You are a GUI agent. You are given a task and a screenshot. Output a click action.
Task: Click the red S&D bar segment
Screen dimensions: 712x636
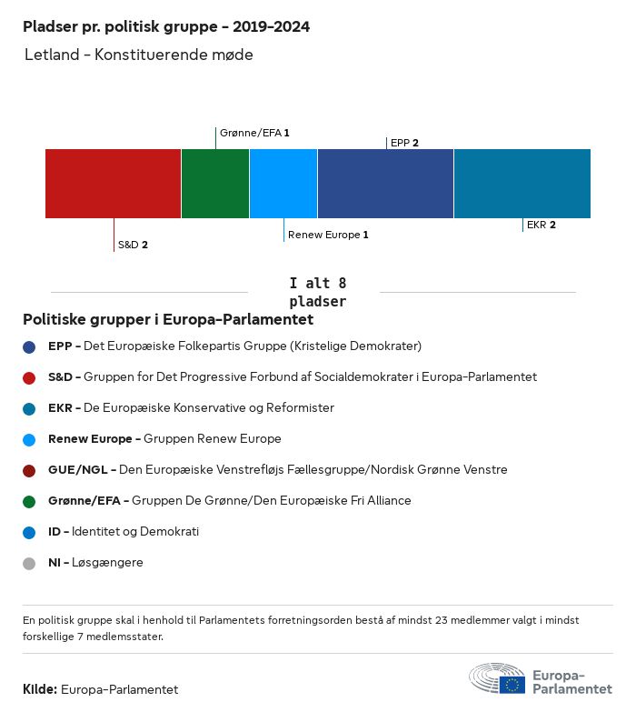(x=113, y=184)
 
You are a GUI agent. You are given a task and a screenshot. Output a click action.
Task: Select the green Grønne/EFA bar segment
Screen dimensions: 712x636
(x=215, y=184)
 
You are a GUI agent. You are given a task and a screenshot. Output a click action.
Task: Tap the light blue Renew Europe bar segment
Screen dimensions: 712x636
(x=283, y=184)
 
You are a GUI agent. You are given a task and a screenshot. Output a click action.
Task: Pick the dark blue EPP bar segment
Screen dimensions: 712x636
(x=385, y=184)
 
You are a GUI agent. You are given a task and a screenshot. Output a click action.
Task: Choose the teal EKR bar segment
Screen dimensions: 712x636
(x=522, y=184)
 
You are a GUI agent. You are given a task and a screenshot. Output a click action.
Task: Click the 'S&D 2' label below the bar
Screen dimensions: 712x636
(x=133, y=245)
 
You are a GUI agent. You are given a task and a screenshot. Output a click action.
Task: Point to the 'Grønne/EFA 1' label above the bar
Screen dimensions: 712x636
(x=254, y=133)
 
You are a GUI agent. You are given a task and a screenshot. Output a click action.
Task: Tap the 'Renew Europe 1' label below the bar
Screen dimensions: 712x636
(x=328, y=235)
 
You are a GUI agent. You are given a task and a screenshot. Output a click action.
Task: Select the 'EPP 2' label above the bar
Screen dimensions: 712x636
(x=404, y=143)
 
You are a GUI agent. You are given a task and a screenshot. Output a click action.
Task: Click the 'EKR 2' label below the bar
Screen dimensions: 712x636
(x=541, y=225)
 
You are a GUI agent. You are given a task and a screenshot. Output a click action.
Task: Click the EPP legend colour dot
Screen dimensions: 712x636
(x=29, y=346)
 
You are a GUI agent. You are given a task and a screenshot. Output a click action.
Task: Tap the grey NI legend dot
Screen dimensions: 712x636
(x=29, y=563)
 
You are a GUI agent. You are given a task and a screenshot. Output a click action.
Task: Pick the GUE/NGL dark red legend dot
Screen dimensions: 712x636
(x=29, y=470)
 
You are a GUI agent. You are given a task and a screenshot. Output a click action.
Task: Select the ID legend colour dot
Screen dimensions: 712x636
(x=29, y=532)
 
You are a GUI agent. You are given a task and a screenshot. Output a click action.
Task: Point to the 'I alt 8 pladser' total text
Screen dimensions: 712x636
(x=317, y=292)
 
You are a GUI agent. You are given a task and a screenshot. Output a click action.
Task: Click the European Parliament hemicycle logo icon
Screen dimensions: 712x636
(x=497, y=678)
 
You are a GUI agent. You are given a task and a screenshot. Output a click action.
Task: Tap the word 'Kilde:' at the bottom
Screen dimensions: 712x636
(x=40, y=689)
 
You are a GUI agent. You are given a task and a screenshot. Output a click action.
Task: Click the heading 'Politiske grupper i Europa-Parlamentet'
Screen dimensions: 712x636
(x=168, y=319)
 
